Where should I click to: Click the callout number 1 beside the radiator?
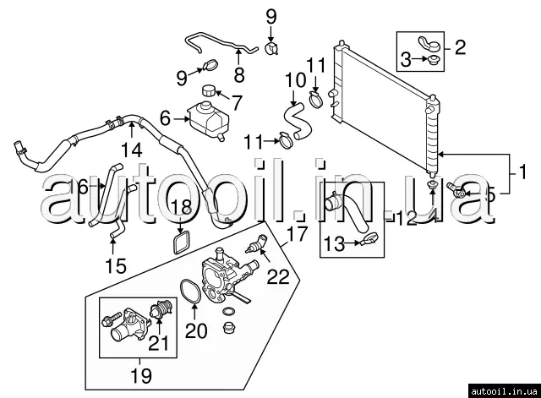(522, 173)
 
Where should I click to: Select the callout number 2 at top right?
(459, 46)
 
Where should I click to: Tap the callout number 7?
(237, 103)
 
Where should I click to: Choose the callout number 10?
(292, 81)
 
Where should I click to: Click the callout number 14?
(131, 151)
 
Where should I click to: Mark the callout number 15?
(115, 267)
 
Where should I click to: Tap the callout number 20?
(196, 331)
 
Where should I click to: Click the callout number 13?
(334, 245)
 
